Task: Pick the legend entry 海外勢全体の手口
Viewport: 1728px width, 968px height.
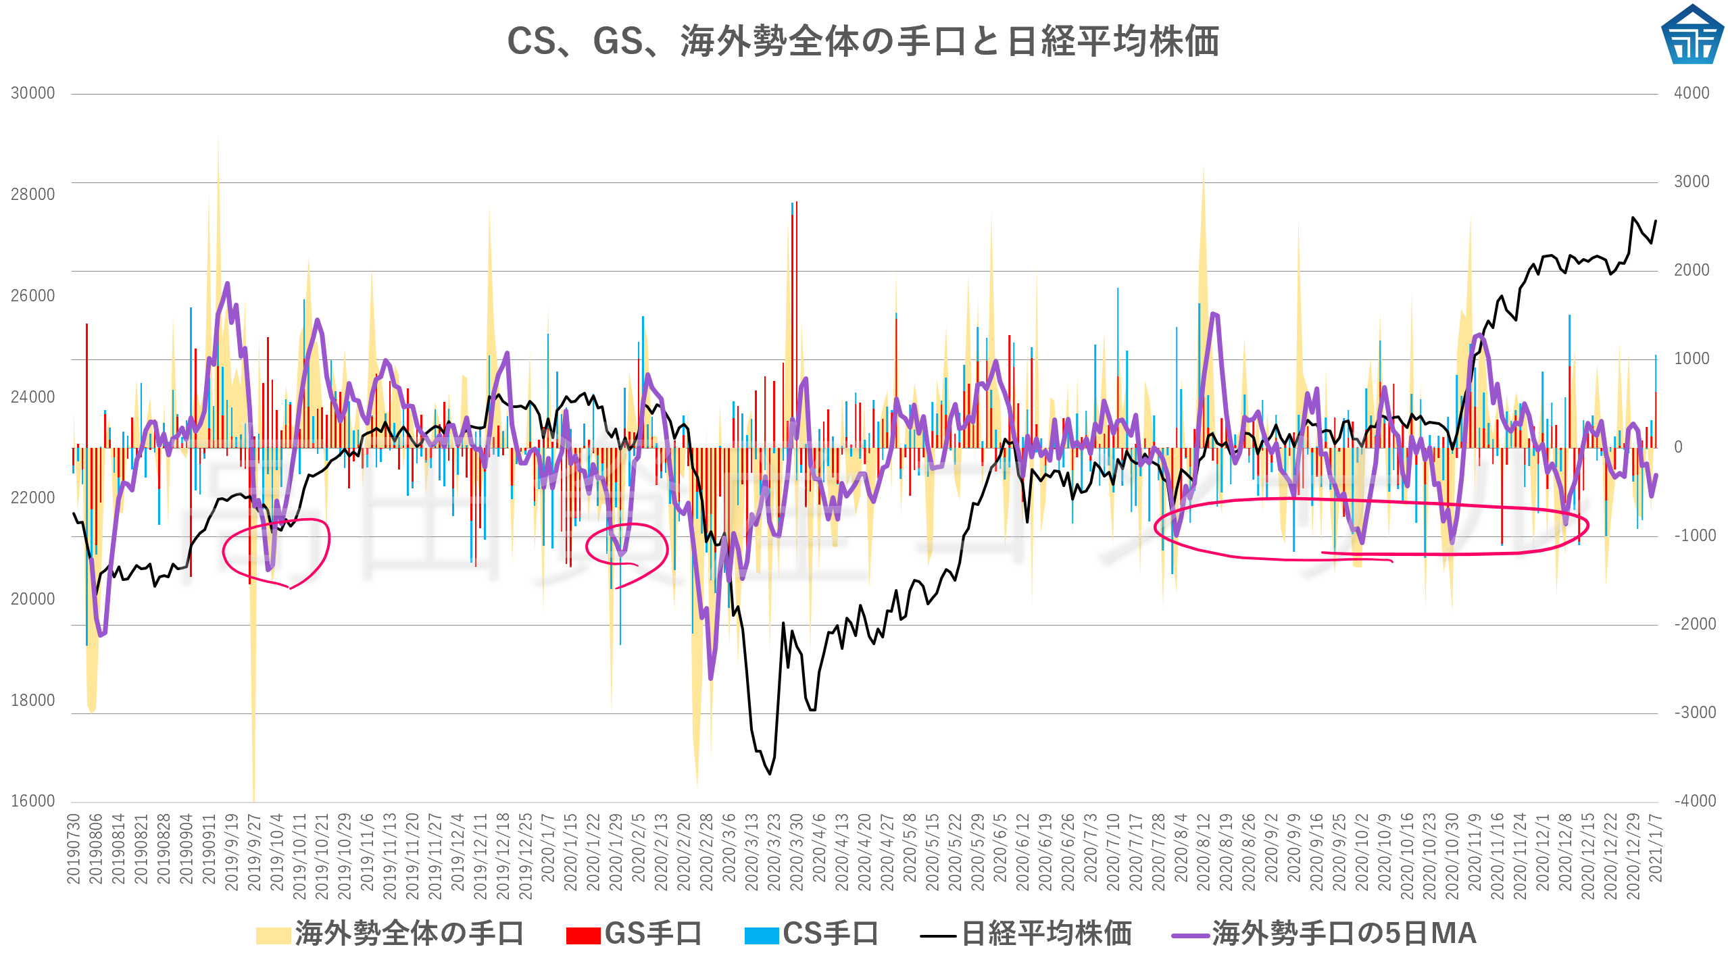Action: pos(390,934)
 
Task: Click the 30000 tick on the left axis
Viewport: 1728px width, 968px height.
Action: pos(32,93)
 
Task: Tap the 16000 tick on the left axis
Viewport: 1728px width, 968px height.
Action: pos(32,801)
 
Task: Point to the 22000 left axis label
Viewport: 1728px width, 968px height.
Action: pos(32,498)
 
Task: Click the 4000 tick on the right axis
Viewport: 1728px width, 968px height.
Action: pos(1691,93)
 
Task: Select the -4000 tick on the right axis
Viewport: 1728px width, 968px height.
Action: pos(1694,801)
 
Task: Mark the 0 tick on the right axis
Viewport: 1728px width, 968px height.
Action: pos(1678,447)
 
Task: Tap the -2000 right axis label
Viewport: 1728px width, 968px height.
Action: pos(1694,624)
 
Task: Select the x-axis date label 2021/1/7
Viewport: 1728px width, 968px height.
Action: pos(1655,848)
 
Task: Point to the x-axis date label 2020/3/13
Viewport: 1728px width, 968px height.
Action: pos(751,852)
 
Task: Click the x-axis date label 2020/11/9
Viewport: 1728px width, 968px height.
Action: pos(1475,852)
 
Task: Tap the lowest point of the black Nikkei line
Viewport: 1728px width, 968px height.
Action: pos(770,774)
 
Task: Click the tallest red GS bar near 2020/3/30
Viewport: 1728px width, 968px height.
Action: pos(797,324)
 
